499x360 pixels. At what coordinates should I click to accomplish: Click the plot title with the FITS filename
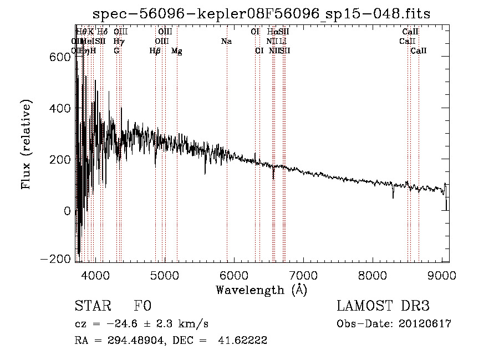pos(261,13)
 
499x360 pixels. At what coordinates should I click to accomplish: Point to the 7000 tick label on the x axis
pos(303,276)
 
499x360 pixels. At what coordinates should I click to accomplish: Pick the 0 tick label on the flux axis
pos(67,211)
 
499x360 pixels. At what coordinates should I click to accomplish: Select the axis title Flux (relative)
pos(27,145)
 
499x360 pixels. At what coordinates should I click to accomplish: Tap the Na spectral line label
pos(226,41)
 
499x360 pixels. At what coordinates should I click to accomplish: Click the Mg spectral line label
pos(177,51)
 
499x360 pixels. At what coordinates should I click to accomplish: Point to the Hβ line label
pos(155,51)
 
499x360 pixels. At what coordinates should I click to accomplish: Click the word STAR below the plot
pos(92,306)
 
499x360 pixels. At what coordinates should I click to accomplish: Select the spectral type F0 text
pos(142,306)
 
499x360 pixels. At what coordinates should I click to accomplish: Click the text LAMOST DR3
pos(383,306)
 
